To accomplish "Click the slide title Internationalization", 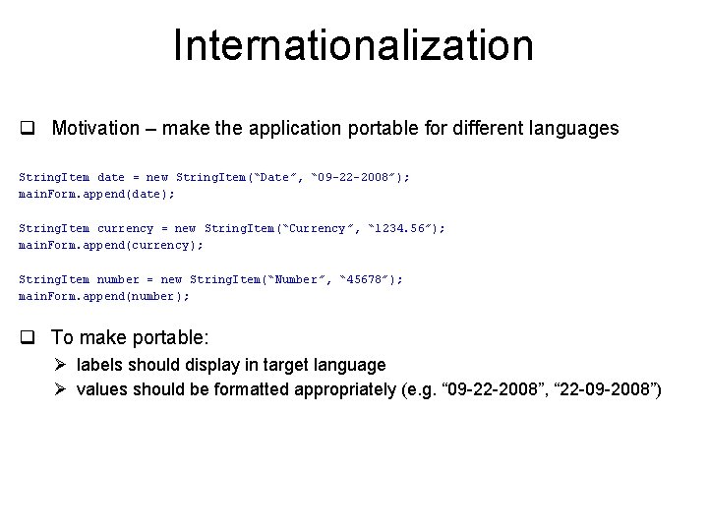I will click(x=353, y=46).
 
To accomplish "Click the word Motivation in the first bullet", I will click(x=95, y=129).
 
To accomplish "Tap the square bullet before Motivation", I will click(x=29, y=129).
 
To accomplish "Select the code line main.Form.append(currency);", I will click(x=111, y=245).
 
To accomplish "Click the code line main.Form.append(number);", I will click(x=104, y=296).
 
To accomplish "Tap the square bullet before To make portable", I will click(x=29, y=338).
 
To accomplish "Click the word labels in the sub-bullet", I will click(x=99, y=365).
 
